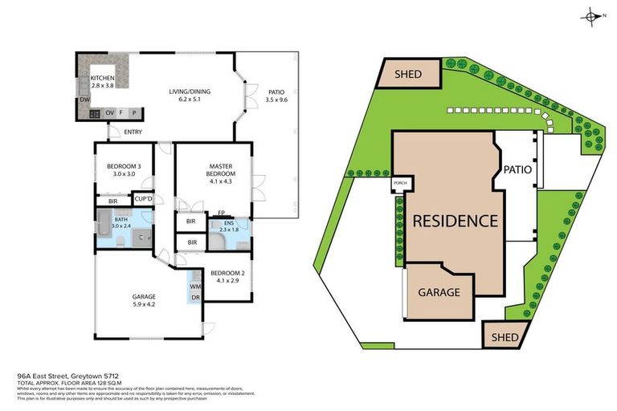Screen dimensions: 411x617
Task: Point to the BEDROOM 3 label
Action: (123, 166)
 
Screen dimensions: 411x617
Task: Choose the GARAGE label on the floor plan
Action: (144, 296)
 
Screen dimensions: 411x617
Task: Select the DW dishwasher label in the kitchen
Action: (84, 100)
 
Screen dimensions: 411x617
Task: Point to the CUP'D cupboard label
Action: (144, 199)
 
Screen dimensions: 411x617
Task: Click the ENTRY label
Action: (133, 132)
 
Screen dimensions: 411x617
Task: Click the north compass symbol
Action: (593, 16)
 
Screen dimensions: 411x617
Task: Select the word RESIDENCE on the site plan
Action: (455, 221)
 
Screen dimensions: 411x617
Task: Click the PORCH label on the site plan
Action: (400, 185)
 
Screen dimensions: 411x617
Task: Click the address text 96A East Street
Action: (54, 375)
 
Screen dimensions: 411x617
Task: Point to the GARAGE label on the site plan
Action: (438, 291)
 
